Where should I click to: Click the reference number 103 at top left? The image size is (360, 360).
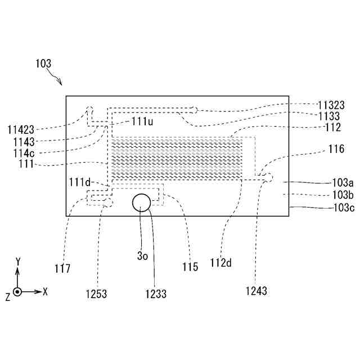(44, 65)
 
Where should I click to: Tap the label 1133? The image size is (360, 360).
(329, 116)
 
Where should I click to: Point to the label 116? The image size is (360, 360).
(336, 149)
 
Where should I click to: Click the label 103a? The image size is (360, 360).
(343, 183)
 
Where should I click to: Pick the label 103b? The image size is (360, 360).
(343, 195)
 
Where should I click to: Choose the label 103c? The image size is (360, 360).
(343, 208)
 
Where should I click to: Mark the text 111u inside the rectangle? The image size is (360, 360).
(143, 121)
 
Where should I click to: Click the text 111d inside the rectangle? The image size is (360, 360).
(79, 182)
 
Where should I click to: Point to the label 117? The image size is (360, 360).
(62, 268)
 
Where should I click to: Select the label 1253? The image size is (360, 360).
(96, 294)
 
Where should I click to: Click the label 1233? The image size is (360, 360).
(156, 294)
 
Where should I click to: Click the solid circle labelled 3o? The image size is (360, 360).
(141, 203)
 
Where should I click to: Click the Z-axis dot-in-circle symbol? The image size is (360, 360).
(17, 292)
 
